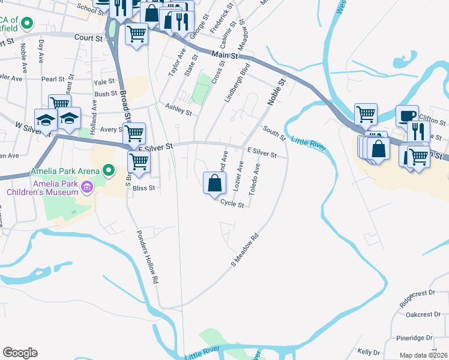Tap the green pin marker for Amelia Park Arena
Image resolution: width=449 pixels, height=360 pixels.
tap(109, 172)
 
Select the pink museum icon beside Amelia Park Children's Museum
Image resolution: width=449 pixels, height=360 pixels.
tap(88, 188)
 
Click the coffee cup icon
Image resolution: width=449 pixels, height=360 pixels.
tap(407, 115)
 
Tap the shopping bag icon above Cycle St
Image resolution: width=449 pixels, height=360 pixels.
tap(215, 184)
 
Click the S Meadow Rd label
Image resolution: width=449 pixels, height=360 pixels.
tap(245, 250)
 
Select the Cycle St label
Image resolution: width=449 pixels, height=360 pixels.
tap(232, 204)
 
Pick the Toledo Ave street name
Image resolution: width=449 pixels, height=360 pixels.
tap(254, 178)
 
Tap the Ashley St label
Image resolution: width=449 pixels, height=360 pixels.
tap(178, 110)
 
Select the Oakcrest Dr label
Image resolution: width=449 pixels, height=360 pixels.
tap(419, 314)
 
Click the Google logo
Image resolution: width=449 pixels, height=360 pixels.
tap(20, 353)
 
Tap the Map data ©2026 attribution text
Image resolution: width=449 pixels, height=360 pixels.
tap(423, 355)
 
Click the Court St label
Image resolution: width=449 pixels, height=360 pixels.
tap(88, 37)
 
